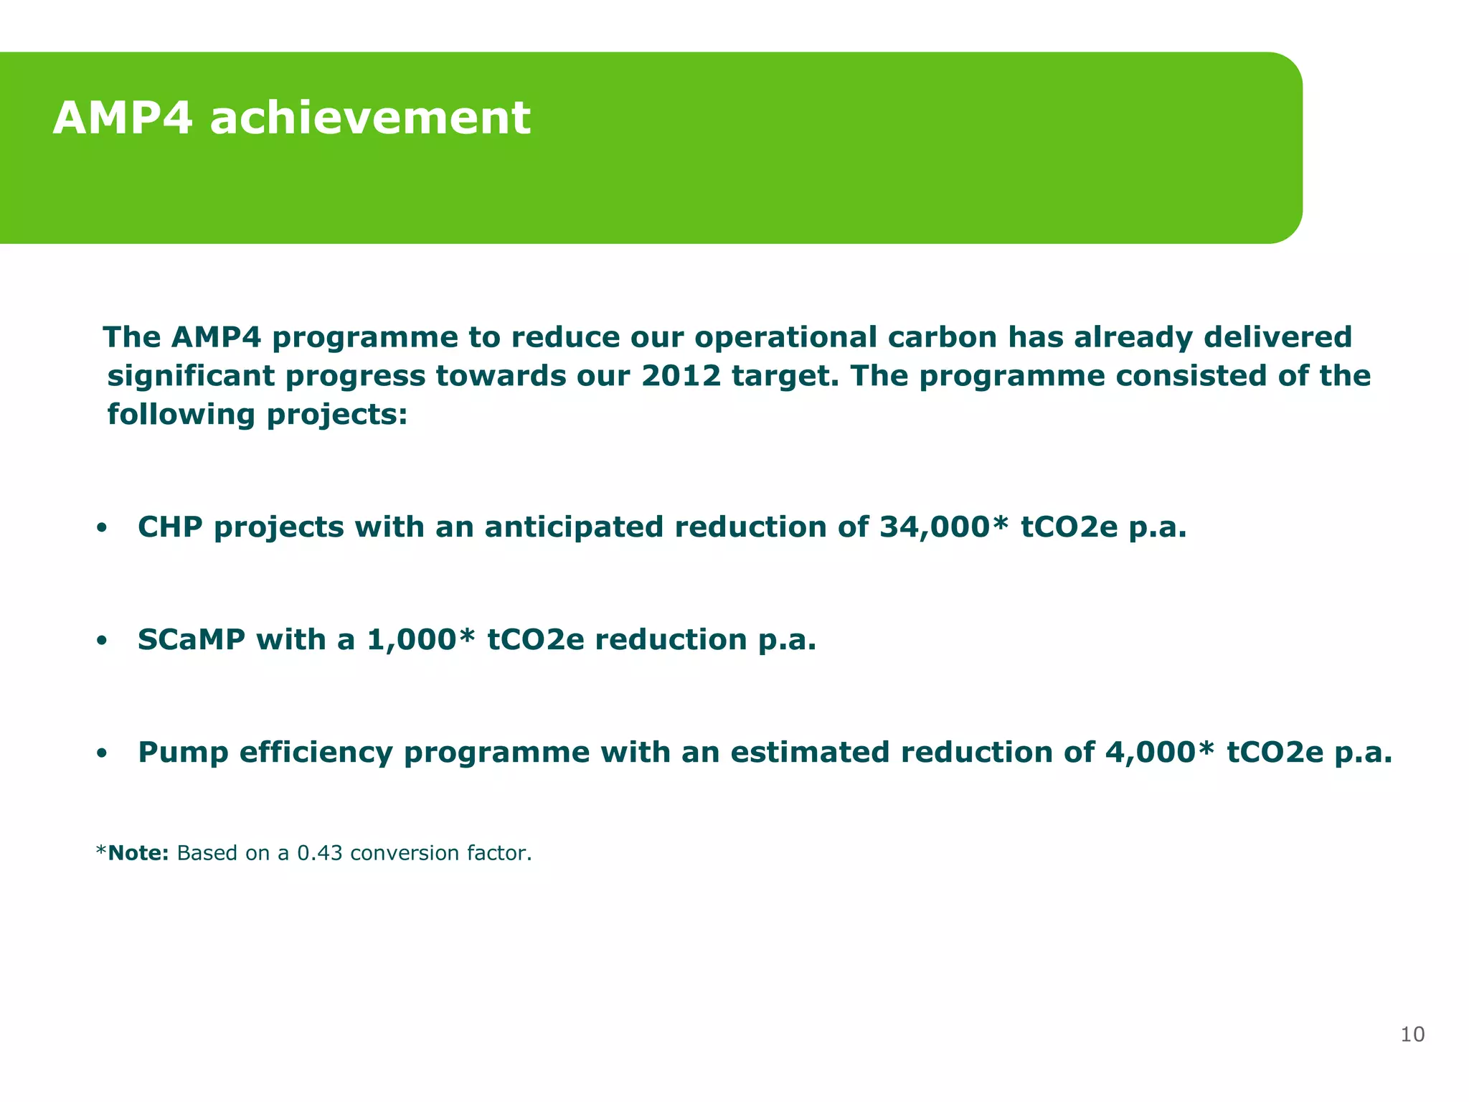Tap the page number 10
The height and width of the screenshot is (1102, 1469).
(x=1412, y=1035)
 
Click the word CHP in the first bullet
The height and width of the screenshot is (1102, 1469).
(x=170, y=527)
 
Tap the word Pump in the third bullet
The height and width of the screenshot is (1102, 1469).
(x=183, y=753)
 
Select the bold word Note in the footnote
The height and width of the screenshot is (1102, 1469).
(x=136, y=853)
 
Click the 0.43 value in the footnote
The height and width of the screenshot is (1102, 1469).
(x=319, y=853)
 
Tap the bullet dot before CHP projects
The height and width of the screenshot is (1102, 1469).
(x=102, y=529)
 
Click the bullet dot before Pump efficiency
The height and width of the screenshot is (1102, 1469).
(x=102, y=754)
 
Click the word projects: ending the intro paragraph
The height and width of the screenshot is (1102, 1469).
(x=336, y=415)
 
